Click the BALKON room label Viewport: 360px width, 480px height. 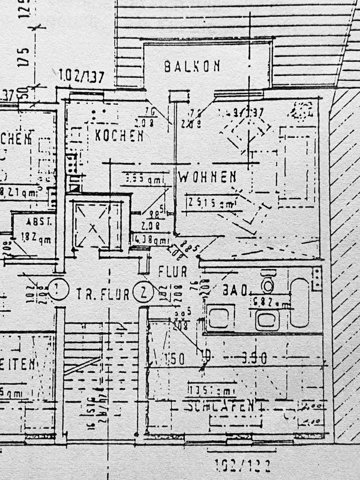pos(192,66)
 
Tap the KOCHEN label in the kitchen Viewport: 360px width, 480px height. pos(119,135)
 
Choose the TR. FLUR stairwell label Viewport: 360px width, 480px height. pos(102,294)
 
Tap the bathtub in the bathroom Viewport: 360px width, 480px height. pos(299,302)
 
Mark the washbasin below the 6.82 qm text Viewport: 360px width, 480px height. pos(267,319)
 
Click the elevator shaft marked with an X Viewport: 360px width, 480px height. pos(91,226)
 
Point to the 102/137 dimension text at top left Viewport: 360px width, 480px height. pos(81,76)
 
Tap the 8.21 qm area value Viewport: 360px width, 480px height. pos(20,192)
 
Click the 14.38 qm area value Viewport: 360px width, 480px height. pos(150,239)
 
